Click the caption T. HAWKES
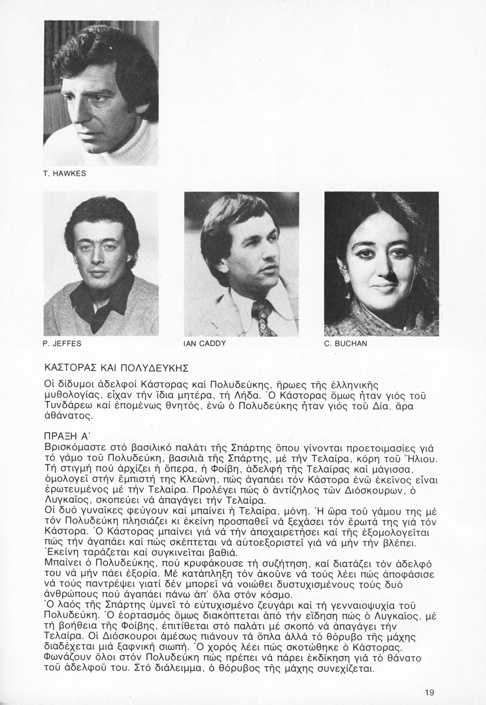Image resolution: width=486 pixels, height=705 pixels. [65, 174]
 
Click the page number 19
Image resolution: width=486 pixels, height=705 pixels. [430, 691]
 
